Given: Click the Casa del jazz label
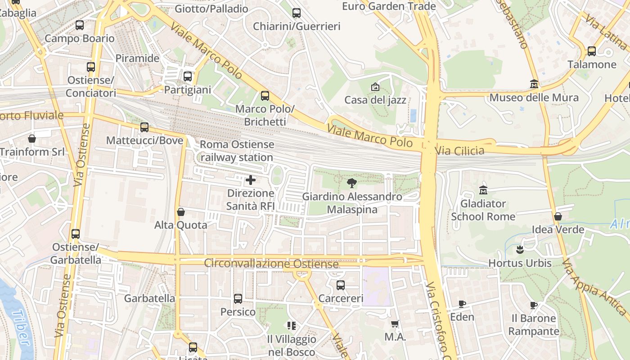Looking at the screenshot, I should click(x=375, y=100).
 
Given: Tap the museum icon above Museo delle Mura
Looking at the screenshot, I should click(x=534, y=84).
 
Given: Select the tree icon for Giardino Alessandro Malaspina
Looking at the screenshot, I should click(x=352, y=183).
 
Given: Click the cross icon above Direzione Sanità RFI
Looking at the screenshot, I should click(x=251, y=180).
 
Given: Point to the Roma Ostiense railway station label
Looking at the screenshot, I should click(x=237, y=151).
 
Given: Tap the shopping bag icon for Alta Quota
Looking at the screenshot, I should click(x=181, y=211).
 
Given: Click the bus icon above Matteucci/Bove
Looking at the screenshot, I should click(x=144, y=127).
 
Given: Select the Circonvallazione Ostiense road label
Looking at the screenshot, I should click(x=271, y=263).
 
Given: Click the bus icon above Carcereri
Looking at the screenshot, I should click(x=341, y=285).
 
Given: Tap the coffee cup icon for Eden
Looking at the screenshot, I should click(x=462, y=304).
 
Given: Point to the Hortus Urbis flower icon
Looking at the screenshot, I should click(x=520, y=249).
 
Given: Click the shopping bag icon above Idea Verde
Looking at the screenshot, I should click(x=558, y=216).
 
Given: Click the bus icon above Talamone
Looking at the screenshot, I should click(x=592, y=51).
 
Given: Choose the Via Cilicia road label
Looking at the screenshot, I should click(x=459, y=150).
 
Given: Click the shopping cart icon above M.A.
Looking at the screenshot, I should click(x=395, y=324).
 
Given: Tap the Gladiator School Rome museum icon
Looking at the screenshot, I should click(x=483, y=190).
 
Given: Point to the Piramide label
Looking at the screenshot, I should click(x=137, y=58).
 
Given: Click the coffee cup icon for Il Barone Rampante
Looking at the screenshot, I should click(x=534, y=305).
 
